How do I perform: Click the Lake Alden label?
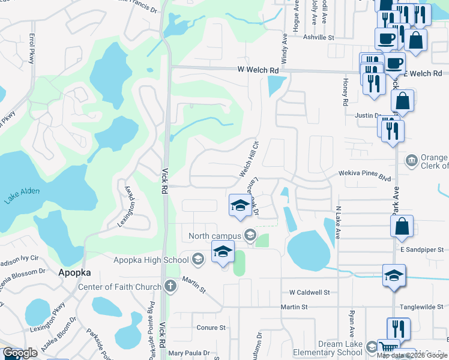click(22, 196)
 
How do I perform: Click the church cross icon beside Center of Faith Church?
click(170, 286)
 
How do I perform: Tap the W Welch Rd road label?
click(258, 71)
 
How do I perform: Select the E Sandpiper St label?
click(421, 249)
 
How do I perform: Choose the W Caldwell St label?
click(310, 292)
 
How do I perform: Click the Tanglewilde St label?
click(424, 306)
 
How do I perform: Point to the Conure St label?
click(211, 328)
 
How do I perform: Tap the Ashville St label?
click(319, 37)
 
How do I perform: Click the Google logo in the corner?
click(20, 353)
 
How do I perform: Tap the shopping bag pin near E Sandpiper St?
click(402, 226)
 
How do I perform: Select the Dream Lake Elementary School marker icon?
click(372, 347)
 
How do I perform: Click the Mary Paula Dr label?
click(188, 353)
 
